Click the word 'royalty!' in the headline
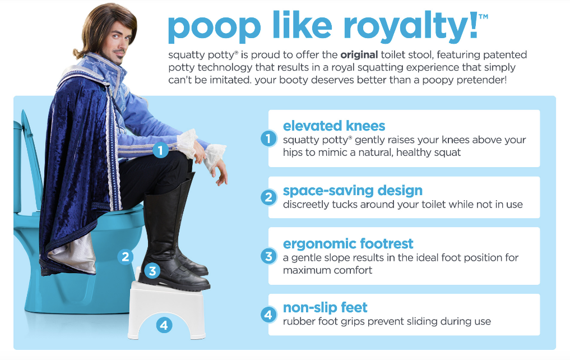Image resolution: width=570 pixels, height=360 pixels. click(410, 27)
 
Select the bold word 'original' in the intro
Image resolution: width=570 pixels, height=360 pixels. click(359, 55)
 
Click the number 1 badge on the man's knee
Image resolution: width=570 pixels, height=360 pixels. click(160, 150)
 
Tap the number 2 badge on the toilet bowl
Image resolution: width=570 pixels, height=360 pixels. click(126, 257)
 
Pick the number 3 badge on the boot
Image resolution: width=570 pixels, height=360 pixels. click(152, 271)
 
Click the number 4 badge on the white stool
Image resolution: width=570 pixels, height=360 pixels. click(164, 325)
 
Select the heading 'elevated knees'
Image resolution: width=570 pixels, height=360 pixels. click(333, 126)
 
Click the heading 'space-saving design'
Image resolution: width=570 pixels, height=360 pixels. click(353, 190)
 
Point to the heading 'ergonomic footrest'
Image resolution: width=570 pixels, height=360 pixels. click(348, 243)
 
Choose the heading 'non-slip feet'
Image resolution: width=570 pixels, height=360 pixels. click(325, 308)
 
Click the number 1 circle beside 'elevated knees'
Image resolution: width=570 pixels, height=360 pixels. click(268, 139)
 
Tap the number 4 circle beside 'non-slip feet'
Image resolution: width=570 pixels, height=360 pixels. click(268, 314)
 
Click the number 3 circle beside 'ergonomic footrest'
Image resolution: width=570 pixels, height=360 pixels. click(268, 256)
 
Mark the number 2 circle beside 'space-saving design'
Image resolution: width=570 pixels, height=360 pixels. click(268, 197)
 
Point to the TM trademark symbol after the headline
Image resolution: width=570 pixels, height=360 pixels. click(483, 16)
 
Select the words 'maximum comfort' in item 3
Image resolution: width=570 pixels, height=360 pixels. click(327, 270)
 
